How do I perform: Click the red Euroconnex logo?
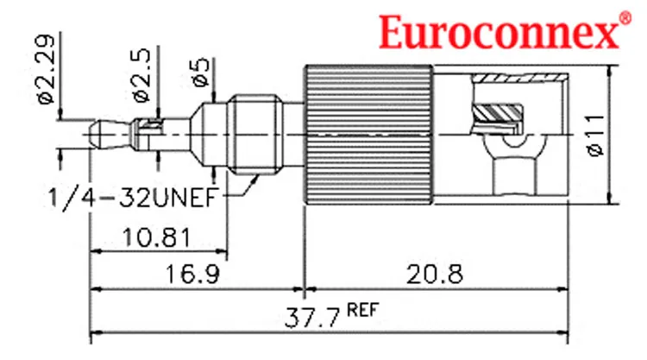coord(499,31)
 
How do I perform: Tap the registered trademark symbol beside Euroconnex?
coord(625,18)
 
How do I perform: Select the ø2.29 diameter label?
coord(46,69)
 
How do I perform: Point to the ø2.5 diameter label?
coord(141,75)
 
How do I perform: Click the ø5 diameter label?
coord(201,73)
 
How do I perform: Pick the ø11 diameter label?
coord(595,135)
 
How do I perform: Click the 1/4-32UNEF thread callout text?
coord(133,198)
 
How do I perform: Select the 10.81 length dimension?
coord(157,237)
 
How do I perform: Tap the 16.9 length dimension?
coord(192,274)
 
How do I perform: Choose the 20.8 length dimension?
coord(435,274)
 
